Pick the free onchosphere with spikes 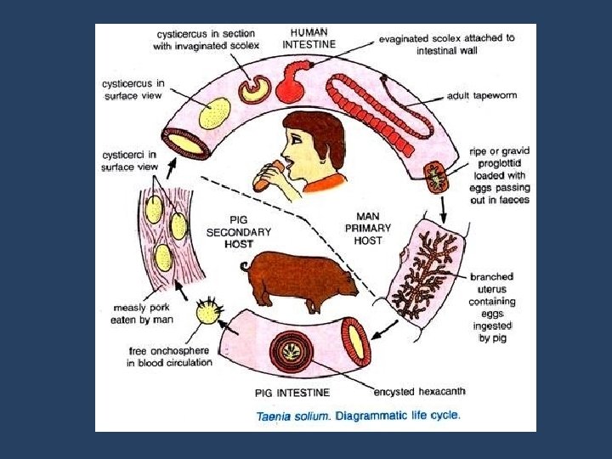[x=207, y=312]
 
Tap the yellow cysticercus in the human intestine [x=213, y=112]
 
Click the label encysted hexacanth [x=419, y=392]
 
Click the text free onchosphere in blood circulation [x=170, y=356]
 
